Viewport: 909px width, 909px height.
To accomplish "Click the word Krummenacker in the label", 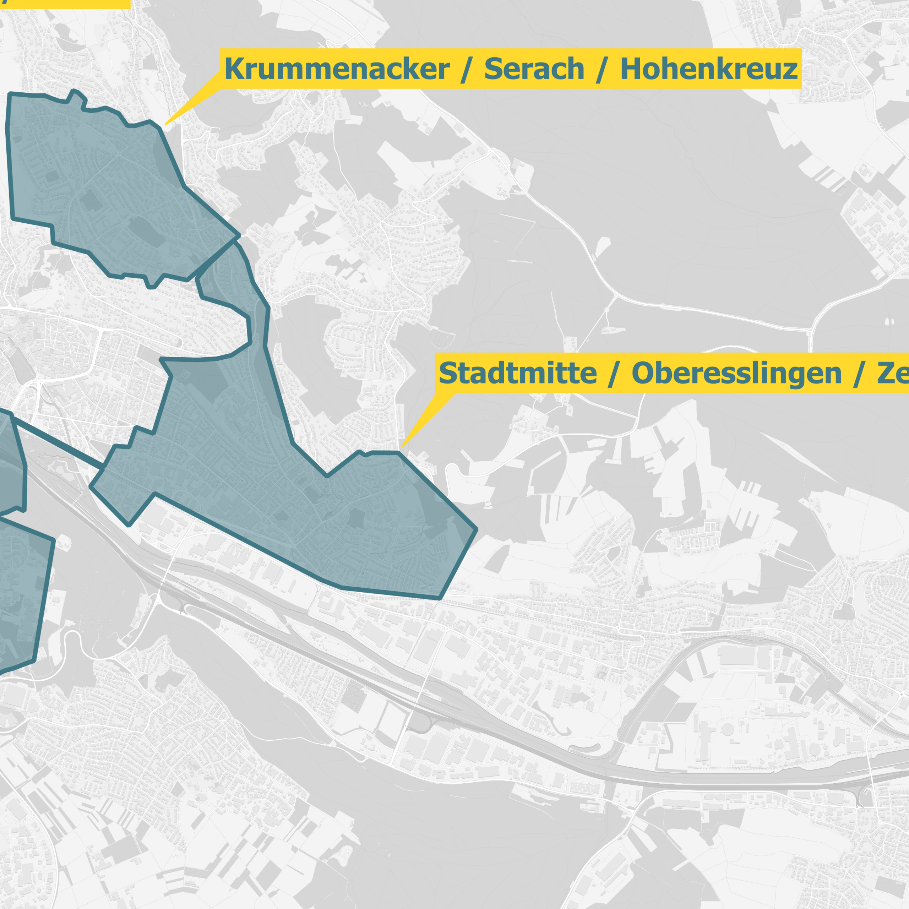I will pos(337,69).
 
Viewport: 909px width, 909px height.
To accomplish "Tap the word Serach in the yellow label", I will pos(534,69).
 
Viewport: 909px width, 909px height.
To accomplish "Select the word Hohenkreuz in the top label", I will pos(709,69).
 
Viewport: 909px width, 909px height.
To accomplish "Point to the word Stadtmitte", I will pos(518,373).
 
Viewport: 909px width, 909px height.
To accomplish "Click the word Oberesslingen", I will pos(736,373).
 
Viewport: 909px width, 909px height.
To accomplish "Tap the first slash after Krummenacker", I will pos(466,70).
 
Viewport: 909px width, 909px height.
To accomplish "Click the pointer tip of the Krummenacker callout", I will pos(165,125).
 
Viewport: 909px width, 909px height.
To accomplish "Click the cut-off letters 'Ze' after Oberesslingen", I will pos(893,373).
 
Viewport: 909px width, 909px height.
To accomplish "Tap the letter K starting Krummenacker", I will pos(234,69).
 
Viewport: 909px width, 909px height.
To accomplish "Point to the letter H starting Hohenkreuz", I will pos(631,69).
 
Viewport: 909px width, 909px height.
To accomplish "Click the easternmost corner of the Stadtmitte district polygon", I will pos(477,529).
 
